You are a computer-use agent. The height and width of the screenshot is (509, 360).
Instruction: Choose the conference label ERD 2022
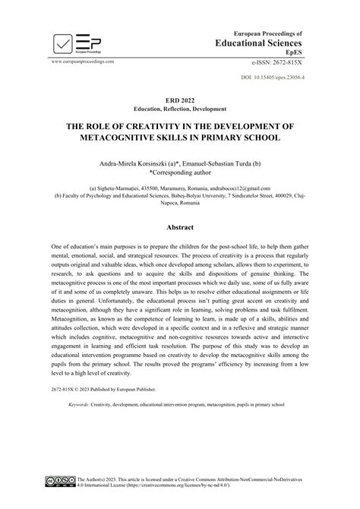(x=179, y=100)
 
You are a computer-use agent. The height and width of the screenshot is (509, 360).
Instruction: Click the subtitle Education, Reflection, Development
(x=179, y=109)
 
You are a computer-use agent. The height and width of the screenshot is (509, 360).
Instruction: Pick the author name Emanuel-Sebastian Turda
(x=235, y=164)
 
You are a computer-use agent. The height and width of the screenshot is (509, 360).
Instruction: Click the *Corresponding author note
(x=179, y=174)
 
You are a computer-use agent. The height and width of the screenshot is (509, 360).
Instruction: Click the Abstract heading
(x=179, y=227)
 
